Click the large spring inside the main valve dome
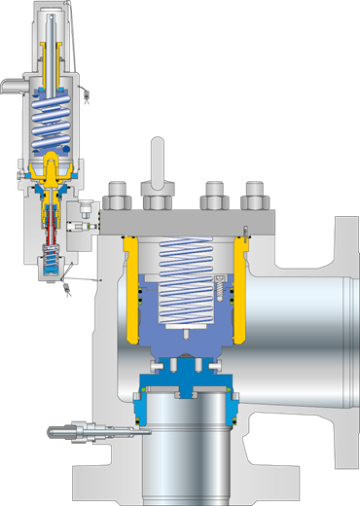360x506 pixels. point(185,282)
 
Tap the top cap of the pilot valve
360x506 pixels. point(51,12)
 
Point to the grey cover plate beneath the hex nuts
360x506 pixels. point(185,223)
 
